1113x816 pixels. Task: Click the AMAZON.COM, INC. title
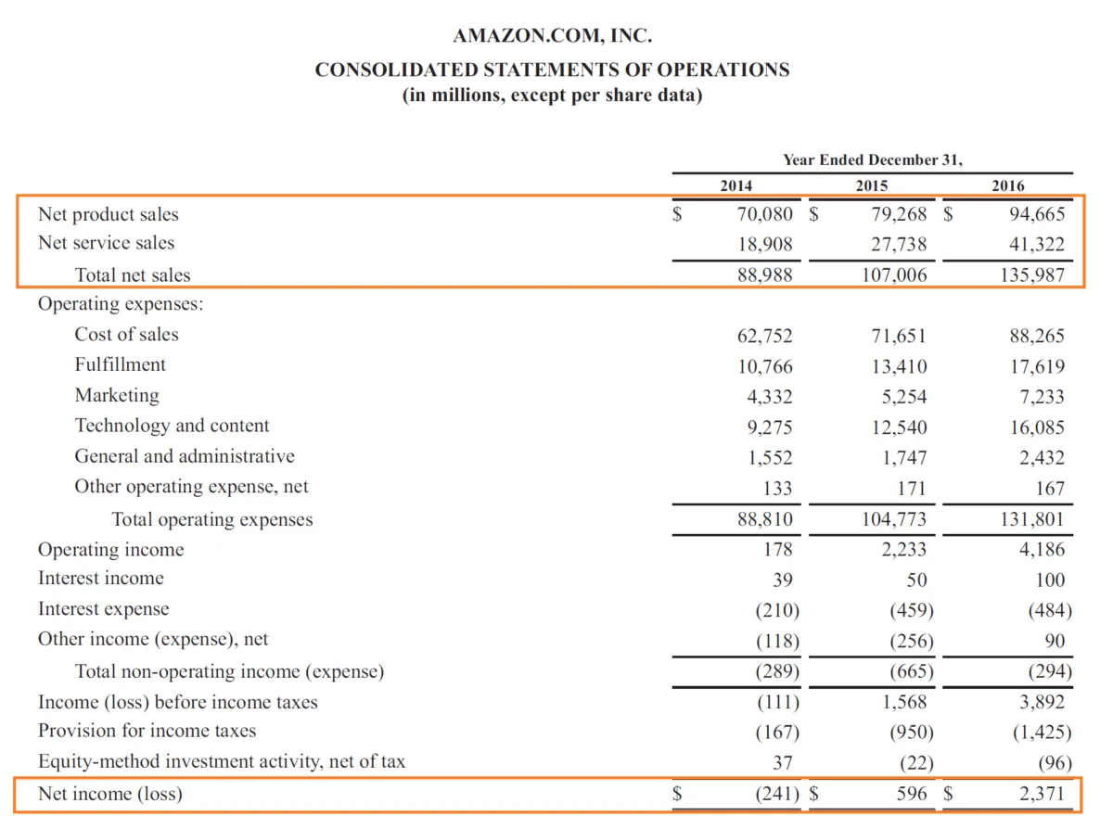(x=552, y=37)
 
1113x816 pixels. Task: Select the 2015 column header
(x=872, y=185)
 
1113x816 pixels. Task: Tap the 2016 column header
(x=1008, y=185)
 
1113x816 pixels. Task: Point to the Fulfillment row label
(x=121, y=364)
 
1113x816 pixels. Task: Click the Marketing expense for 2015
(x=904, y=397)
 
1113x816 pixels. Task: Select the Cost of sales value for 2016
(x=1037, y=336)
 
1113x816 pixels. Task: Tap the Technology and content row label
(x=172, y=426)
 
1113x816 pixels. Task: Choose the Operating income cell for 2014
(x=776, y=550)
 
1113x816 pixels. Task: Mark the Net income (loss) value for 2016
(x=1040, y=794)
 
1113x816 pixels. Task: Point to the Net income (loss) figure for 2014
(x=775, y=794)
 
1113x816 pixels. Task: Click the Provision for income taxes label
(x=147, y=731)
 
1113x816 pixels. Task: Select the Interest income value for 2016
(x=1049, y=580)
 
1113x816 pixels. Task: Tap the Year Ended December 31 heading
(x=872, y=159)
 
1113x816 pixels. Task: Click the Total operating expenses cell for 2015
(x=894, y=519)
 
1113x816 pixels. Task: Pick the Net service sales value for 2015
(x=900, y=245)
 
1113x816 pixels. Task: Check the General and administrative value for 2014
(x=770, y=458)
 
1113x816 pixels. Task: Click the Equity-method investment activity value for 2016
(x=1053, y=763)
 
